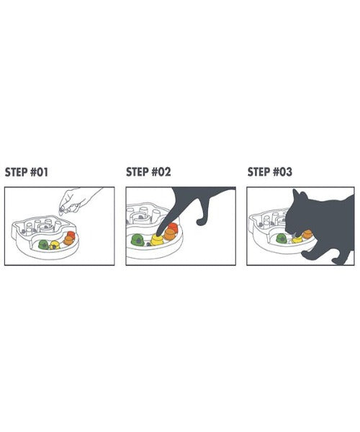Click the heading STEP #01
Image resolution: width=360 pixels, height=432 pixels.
coord(27,172)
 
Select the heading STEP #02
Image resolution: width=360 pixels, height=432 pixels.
coord(148,172)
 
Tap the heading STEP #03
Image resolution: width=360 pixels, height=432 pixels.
coord(270,172)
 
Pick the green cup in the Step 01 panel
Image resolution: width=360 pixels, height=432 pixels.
coord(43,244)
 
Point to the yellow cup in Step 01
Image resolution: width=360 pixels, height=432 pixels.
coord(55,246)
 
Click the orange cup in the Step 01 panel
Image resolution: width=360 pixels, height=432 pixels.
coord(68,240)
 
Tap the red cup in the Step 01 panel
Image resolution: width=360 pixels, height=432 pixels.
coord(71,234)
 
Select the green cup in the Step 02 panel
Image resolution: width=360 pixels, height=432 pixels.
coord(138,240)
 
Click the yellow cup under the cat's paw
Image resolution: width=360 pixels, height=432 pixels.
coord(157,240)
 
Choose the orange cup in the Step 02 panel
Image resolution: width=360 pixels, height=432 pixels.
coord(169,234)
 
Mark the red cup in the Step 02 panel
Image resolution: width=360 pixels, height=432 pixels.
coord(174,227)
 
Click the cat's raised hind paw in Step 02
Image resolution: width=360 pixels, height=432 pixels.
coord(201,222)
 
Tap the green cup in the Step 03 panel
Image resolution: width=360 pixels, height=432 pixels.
coord(282,238)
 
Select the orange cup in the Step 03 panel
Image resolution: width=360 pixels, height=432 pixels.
coord(307,235)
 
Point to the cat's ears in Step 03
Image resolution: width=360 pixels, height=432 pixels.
coord(300,195)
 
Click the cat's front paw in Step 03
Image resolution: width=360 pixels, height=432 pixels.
coord(307,256)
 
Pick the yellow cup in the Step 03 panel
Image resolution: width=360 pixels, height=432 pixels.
coord(297,240)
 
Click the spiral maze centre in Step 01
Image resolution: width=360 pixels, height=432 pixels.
coord(46,228)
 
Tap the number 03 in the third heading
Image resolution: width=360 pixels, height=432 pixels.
coord(286,172)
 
